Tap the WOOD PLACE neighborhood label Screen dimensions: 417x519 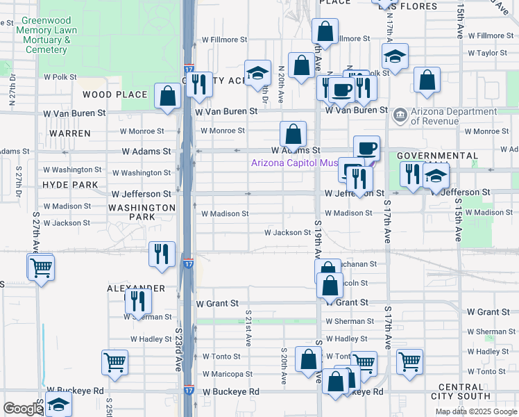pyautogui.click(x=115, y=95)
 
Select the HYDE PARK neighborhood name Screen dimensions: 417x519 pyautogui.click(x=70, y=185)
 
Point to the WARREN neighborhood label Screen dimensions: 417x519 pyautogui.click(x=70, y=133)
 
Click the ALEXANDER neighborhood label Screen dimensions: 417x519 pyautogui.click(x=136, y=288)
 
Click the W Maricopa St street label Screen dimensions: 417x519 pyautogui.click(x=227, y=374)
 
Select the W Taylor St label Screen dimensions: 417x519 pyautogui.click(x=488, y=53)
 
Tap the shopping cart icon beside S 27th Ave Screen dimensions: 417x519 pyautogui.click(x=41, y=267)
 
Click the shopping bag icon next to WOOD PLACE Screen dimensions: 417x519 pyautogui.click(x=169, y=97)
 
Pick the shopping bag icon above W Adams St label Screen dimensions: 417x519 pyautogui.click(x=293, y=133)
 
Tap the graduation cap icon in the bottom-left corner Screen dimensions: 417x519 pyautogui.click(x=59, y=404)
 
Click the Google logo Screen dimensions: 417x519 pyautogui.click(x=23, y=409)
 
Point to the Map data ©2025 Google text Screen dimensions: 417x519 pyautogui.click(x=475, y=411)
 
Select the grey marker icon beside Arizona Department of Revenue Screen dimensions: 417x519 pyautogui.click(x=400, y=114)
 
